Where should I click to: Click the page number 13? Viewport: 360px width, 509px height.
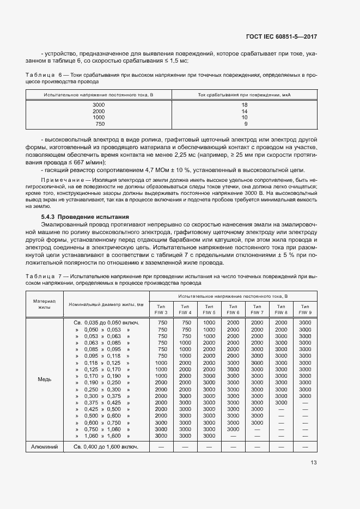[x=313, y=463]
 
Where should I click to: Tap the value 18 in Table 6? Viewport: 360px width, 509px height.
[x=245, y=105]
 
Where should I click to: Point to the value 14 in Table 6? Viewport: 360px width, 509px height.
[x=245, y=111]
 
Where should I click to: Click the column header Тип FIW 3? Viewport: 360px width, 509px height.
[x=161, y=309]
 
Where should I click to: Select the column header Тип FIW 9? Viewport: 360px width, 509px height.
[x=305, y=309]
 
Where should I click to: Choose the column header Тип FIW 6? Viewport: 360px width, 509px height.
[x=233, y=309]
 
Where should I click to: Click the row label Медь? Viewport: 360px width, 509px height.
[x=45, y=379]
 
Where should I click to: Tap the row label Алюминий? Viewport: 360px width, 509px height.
[x=45, y=446]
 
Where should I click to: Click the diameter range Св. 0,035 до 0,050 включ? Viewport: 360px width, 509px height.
[x=107, y=322]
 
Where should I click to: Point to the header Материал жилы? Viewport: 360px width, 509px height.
[x=45, y=304]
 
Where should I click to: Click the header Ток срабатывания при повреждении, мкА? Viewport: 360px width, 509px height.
[x=244, y=95]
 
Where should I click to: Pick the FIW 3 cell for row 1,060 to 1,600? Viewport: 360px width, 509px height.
[x=161, y=436]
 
